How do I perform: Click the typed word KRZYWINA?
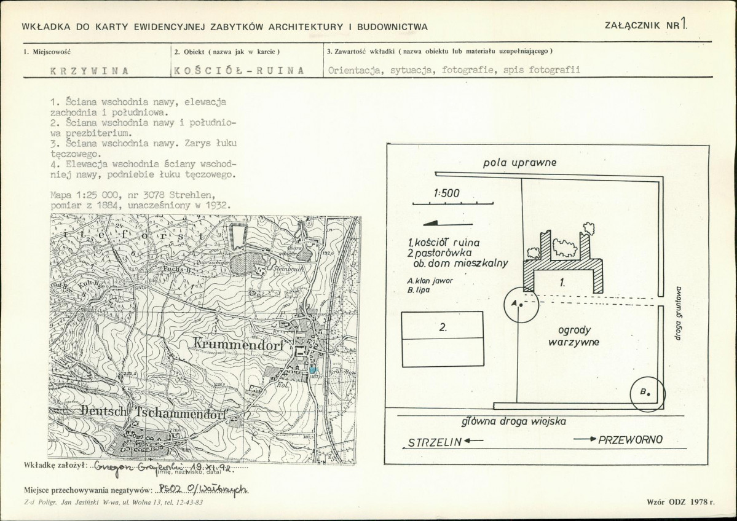[x=89, y=70]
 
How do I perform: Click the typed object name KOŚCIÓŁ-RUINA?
[x=239, y=70]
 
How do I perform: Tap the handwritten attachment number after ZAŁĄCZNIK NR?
[x=684, y=25]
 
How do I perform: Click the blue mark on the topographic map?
[x=313, y=369]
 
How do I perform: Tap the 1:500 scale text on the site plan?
[x=446, y=193]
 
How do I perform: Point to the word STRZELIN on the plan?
[x=432, y=442]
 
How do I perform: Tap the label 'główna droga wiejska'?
[x=513, y=421]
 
